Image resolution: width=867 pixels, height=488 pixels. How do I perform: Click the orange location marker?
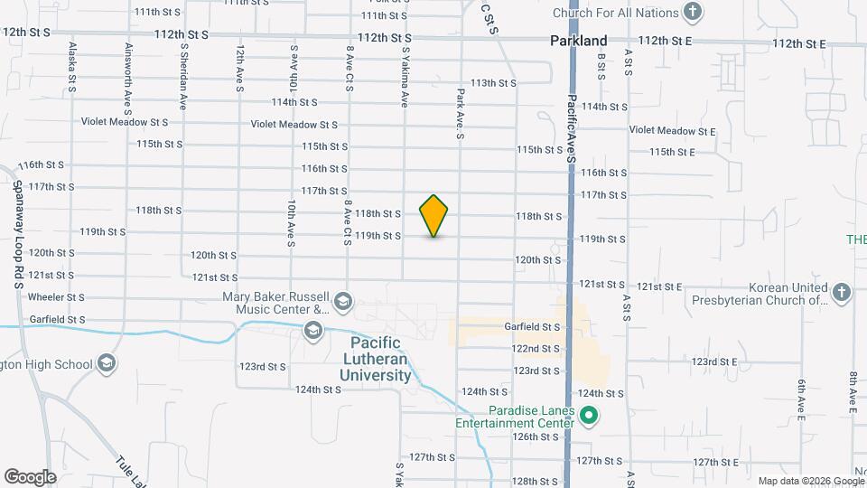pos(434,216)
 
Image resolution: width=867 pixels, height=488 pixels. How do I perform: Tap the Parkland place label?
pos(579,41)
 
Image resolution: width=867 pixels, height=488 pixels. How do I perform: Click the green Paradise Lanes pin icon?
pos(589,417)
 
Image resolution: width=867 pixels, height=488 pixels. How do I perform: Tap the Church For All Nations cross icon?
pos(693,13)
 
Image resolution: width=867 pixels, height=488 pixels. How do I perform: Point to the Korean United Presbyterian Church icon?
pos(842,292)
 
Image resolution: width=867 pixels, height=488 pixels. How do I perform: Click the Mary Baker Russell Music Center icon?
pos(343,300)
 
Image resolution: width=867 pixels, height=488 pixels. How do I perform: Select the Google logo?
pos(30,477)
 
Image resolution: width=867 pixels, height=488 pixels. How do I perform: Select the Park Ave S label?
pos(460,113)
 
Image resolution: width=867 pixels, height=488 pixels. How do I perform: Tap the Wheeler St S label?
pos(56,296)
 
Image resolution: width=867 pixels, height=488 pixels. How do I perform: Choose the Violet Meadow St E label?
pos(673,131)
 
